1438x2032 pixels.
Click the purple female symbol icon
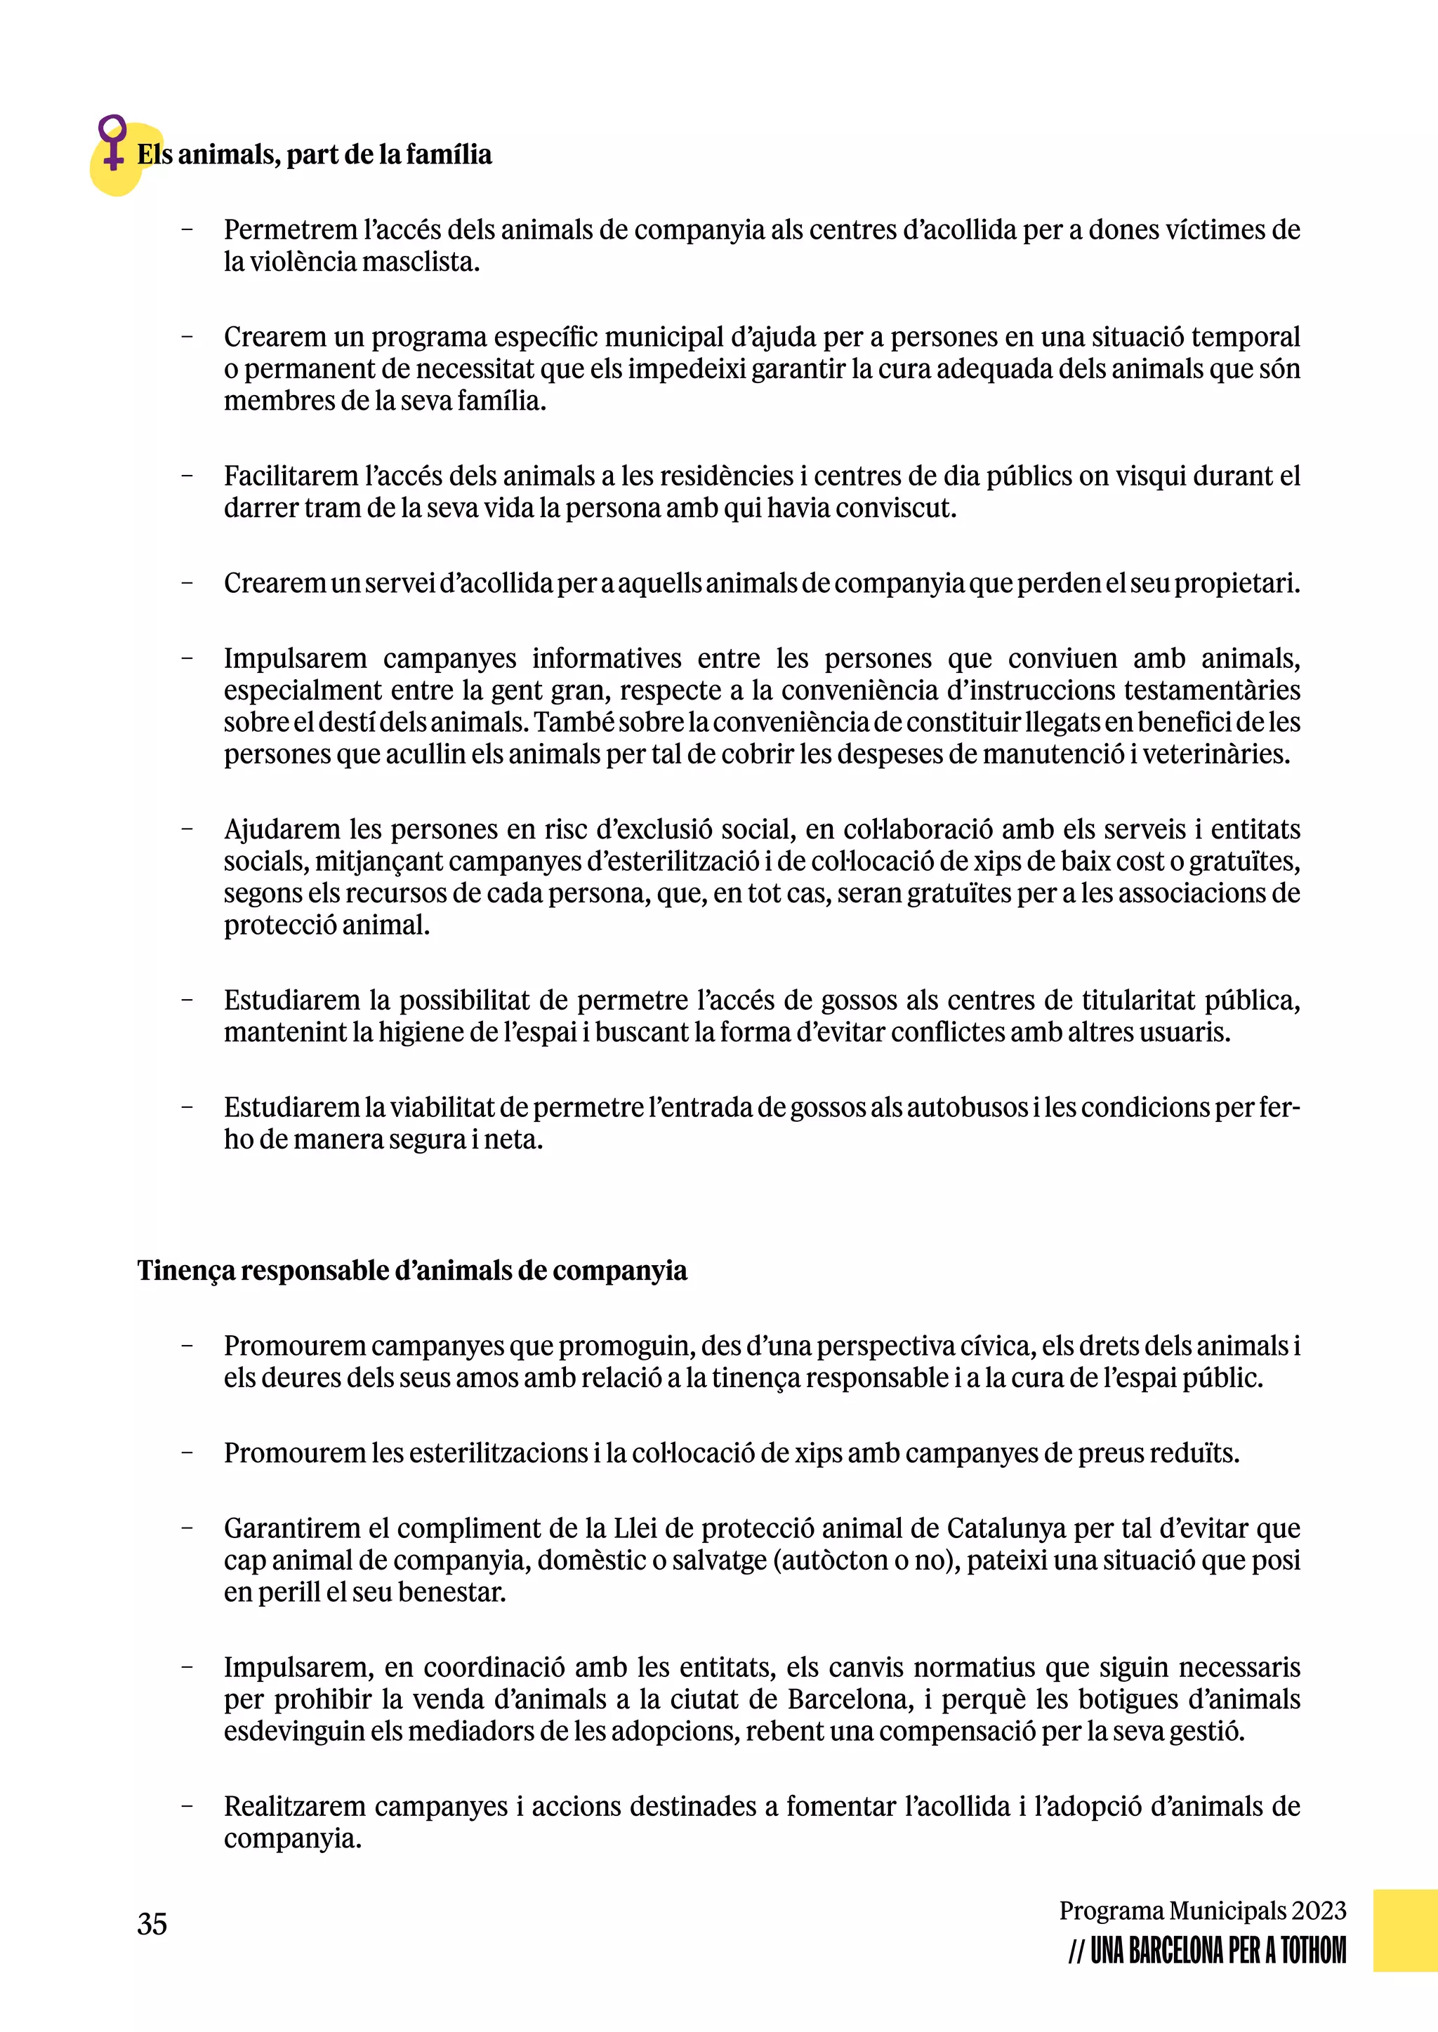(112, 142)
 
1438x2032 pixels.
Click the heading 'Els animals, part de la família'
(315, 155)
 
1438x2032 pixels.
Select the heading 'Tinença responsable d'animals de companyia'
(411, 1271)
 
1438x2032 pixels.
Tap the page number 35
(152, 1924)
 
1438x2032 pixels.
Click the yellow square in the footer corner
(1404, 1930)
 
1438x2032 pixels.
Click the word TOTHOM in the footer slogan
(1313, 1951)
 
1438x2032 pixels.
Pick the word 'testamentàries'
(1212, 690)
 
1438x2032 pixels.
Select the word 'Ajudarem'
(282, 829)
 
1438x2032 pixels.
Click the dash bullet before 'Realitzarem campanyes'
(187, 1806)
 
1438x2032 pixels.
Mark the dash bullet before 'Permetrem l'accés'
(187, 230)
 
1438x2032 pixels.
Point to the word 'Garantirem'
(291, 1528)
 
